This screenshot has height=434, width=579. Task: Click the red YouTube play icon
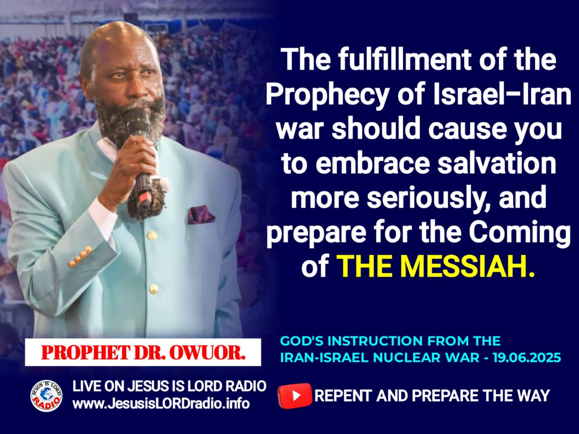click(x=295, y=395)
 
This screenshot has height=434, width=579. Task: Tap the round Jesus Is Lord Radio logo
click(x=46, y=395)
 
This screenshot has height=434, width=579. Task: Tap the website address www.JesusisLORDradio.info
click(x=161, y=403)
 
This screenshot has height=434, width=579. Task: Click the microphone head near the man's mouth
click(x=139, y=121)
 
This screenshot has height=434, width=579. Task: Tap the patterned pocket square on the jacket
click(x=201, y=215)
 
